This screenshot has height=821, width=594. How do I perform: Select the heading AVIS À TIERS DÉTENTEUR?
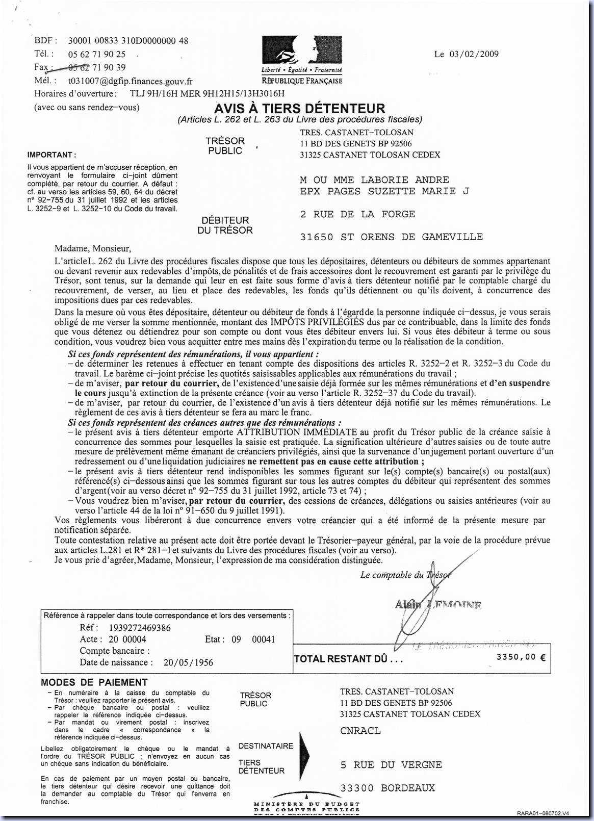coord(299,108)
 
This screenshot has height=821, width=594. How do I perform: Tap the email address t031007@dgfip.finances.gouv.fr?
coord(130,81)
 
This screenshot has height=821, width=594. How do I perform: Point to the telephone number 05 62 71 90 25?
coord(96,54)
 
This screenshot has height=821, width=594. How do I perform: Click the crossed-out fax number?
coord(96,67)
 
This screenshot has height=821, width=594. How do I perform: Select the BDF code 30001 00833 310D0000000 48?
coord(127,41)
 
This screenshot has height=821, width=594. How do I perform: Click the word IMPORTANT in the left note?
coord(50,155)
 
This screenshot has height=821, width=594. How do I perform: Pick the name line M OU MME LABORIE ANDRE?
coord(374,180)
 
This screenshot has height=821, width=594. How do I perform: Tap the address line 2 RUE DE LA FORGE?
coord(357,214)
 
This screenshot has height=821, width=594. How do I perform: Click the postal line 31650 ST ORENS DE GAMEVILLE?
coord(391,237)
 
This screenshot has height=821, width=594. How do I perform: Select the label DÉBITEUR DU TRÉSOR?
coord(225,225)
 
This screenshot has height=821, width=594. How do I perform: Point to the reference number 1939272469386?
coord(140,628)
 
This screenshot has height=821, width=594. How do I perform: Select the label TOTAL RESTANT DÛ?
coord(348,659)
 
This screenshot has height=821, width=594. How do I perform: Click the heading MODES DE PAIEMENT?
coord(94,682)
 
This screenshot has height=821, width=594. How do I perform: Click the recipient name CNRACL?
coord(360,731)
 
